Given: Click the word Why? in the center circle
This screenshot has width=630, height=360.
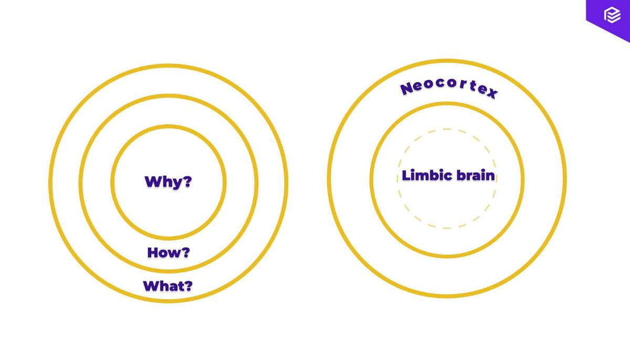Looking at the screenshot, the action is click(x=168, y=182).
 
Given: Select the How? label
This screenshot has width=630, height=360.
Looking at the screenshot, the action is click(x=168, y=252).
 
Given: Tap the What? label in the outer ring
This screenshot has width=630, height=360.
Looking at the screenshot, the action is click(x=168, y=286).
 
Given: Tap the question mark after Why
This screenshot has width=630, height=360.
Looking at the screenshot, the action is click(x=187, y=182).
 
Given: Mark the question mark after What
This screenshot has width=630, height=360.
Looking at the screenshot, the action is click(x=188, y=286).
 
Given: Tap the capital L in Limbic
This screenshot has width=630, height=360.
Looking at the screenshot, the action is click(x=405, y=175).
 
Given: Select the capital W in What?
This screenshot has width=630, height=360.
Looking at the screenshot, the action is click(x=151, y=286).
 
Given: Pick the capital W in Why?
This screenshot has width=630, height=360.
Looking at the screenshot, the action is click(x=152, y=182).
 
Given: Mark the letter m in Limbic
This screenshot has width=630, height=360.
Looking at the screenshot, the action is click(x=420, y=176).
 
